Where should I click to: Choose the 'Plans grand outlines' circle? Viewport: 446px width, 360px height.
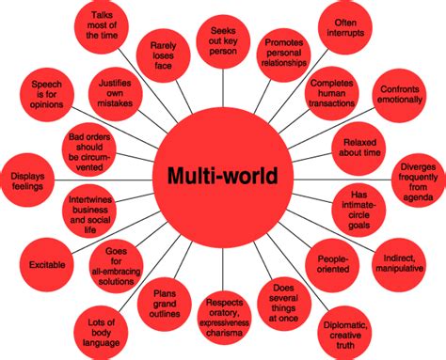(x=166, y=297)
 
